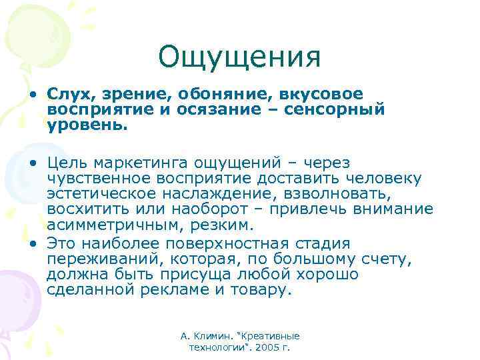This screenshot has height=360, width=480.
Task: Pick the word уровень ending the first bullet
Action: (85, 123)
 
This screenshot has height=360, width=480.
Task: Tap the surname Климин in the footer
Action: (209, 337)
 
